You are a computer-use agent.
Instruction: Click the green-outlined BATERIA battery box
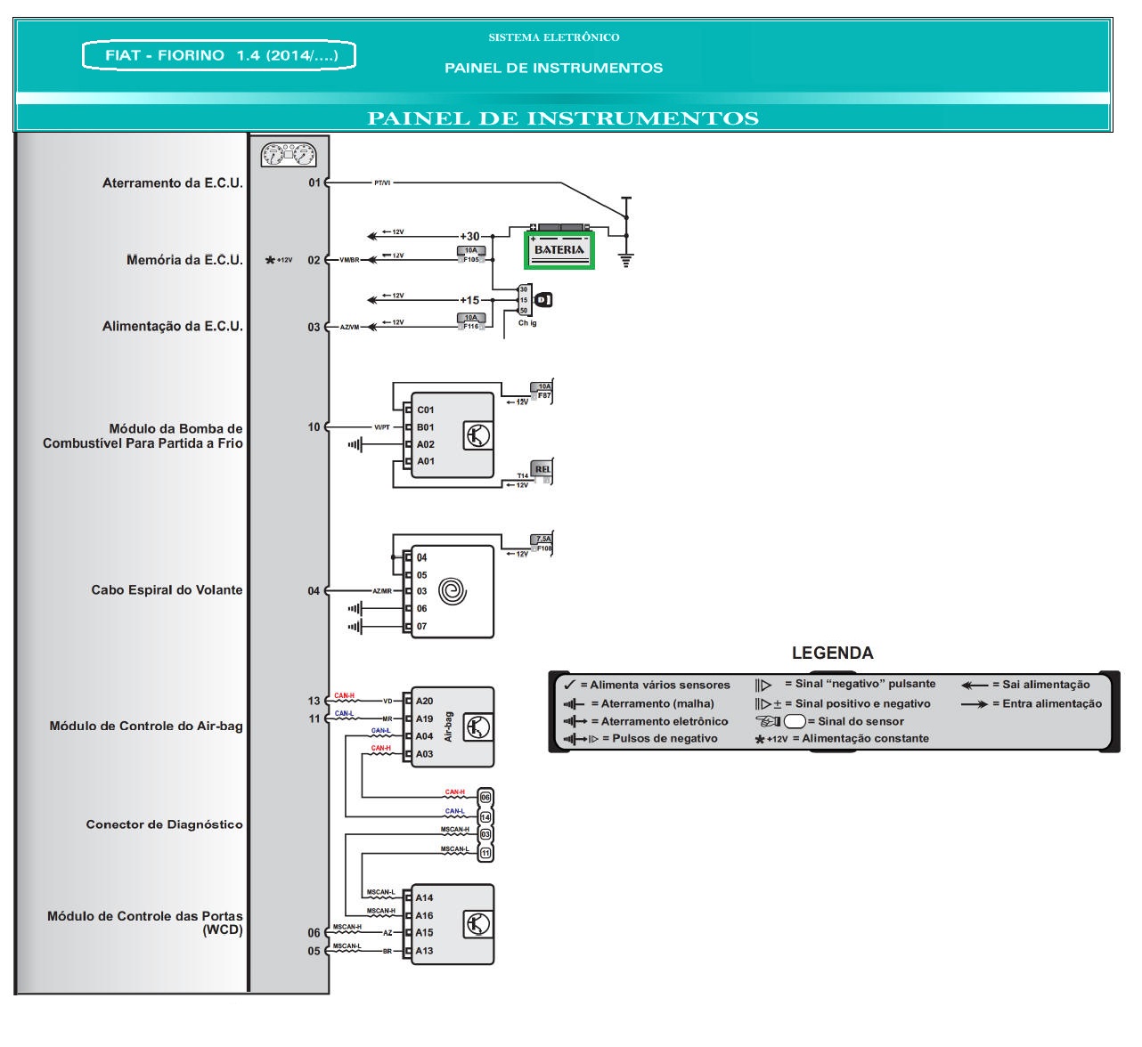[x=559, y=248]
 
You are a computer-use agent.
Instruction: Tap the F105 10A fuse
[x=470, y=256]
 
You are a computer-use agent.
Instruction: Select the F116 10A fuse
[x=470, y=321]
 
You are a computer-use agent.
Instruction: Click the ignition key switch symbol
[x=542, y=300]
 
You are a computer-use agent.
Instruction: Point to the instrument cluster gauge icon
[x=289, y=156]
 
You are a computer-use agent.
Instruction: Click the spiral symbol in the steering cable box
[x=453, y=591]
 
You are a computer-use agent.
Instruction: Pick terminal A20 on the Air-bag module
[x=424, y=702]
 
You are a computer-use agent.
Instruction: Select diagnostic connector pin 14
[x=485, y=816]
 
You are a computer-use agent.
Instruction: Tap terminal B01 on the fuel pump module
[x=425, y=427]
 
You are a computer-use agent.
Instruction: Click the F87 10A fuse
[x=542, y=391]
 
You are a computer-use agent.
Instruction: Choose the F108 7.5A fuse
[x=542, y=544]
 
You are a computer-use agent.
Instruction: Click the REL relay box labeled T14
[x=542, y=471]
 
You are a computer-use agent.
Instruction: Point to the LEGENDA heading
[x=832, y=653]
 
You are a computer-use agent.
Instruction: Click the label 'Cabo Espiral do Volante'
[x=167, y=590]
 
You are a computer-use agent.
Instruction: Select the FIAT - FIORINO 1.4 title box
[x=218, y=55]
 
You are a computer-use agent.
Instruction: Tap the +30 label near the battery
[x=469, y=236]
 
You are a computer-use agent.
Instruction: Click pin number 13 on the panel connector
[x=314, y=702]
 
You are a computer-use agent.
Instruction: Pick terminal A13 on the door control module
[x=424, y=951]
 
